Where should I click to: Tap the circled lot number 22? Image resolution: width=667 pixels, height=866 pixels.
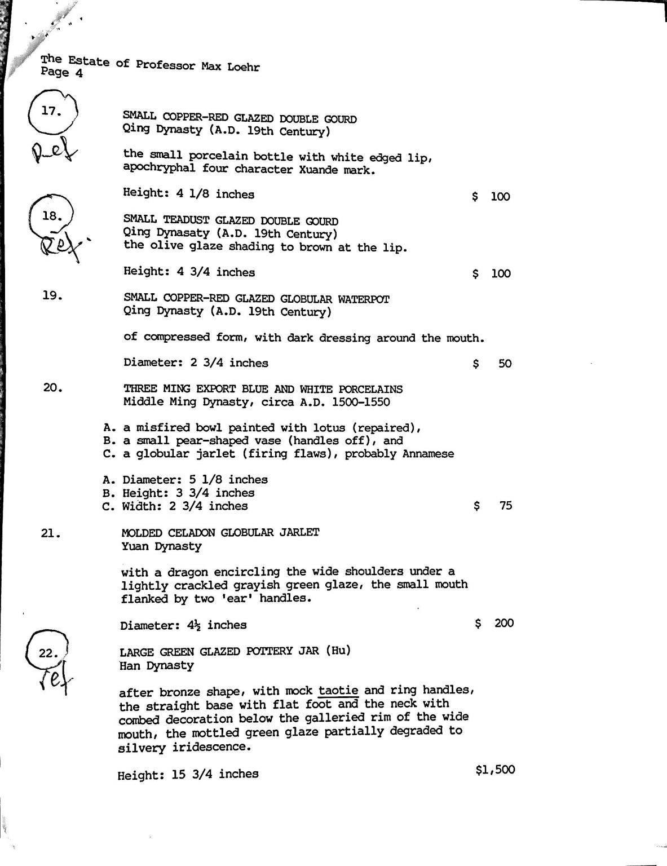pyautogui.click(x=47, y=653)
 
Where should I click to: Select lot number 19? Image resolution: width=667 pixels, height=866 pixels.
pyautogui.click(x=52, y=295)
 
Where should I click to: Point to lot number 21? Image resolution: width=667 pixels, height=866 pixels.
pyautogui.click(x=51, y=533)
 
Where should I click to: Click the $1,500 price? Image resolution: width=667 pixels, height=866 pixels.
pyautogui.click(x=495, y=770)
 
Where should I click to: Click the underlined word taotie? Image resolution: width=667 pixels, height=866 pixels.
pyautogui.click(x=338, y=690)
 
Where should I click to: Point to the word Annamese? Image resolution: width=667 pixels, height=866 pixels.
pyautogui.click(x=428, y=454)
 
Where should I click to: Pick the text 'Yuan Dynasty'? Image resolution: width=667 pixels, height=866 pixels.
pyautogui.click(x=161, y=546)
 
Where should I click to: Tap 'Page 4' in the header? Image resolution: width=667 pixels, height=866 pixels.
pyautogui.click(x=62, y=72)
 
